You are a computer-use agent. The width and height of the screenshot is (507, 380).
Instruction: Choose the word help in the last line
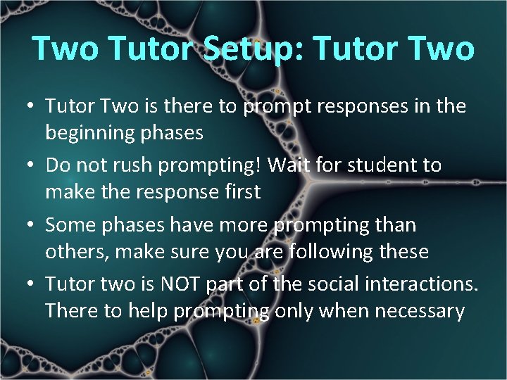click(x=146, y=310)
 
